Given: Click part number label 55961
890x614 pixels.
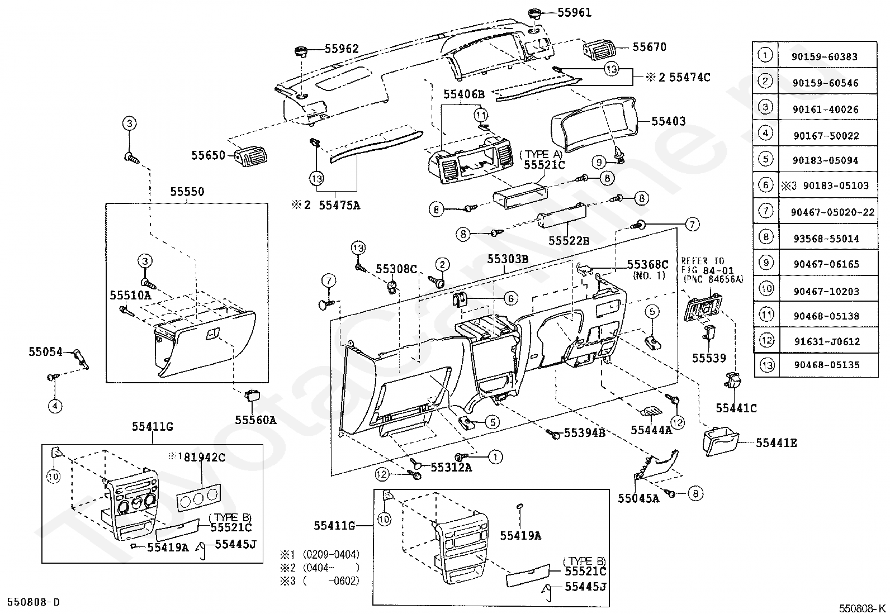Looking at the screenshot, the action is pyautogui.click(x=574, y=12).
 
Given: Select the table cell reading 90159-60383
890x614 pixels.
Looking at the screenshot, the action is pyautogui.click(x=825, y=57).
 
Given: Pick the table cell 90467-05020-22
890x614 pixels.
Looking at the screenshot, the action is pyautogui.click(x=832, y=212).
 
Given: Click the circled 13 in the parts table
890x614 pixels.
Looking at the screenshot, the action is pyautogui.click(x=767, y=365).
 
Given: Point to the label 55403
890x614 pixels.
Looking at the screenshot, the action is pyautogui.click(x=668, y=121).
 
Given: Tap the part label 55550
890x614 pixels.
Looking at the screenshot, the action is pyautogui.click(x=187, y=192).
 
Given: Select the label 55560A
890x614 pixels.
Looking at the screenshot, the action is pyautogui.click(x=255, y=420).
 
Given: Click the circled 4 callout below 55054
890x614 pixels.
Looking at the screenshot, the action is pyautogui.click(x=55, y=406).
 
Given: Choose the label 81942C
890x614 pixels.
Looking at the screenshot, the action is pyautogui.click(x=204, y=457).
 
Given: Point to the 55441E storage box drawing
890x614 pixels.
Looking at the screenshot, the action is pyautogui.click(x=721, y=441).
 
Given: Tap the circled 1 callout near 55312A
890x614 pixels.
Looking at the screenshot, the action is pyautogui.click(x=495, y=456).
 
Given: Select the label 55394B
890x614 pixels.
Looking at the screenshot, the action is pyautogui.click(x=584, y=432).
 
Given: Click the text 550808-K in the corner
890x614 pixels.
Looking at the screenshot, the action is pyautogui.click(x=863, y=608).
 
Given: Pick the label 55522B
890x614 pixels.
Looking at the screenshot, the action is pyautogui.click(x=569, y=241).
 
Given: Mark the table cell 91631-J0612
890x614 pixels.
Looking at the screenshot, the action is pyautogui.click(x=827, y=341).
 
